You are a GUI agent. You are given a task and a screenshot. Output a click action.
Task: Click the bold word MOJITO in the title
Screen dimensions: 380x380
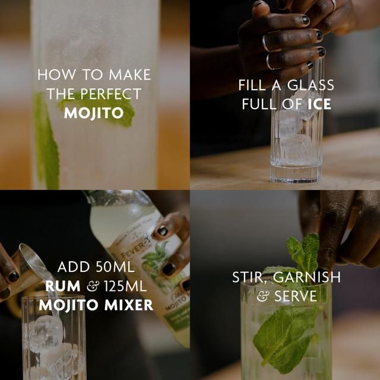[93, 113]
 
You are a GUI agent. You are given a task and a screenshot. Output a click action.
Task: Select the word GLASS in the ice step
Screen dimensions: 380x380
[310, 85]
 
